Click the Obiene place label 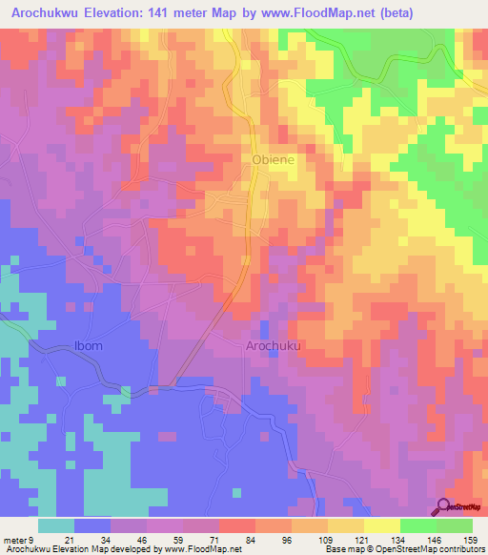point(273,161)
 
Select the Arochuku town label point(273,347)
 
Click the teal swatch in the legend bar point(56,525)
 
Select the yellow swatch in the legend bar point(381,525)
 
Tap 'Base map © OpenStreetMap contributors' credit point(403,550)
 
